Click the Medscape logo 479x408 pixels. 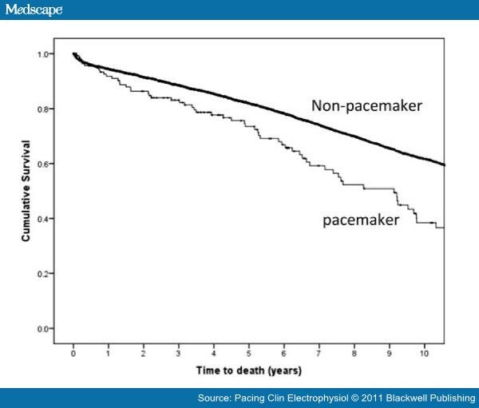coord(31,10)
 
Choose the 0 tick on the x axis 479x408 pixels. coord(73,352)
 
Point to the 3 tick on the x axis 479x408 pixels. coord(178,352)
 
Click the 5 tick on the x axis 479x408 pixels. coord(248,352)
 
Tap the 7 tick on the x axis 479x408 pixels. coord(318,352)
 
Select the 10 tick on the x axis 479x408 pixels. coord(422,352)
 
